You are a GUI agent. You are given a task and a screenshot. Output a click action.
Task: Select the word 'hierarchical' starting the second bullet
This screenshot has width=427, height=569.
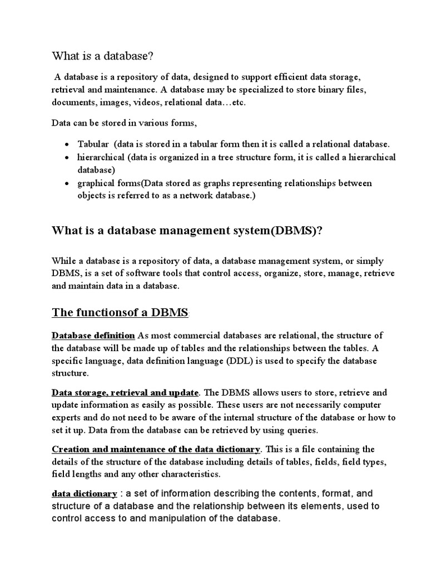tap(101, 157)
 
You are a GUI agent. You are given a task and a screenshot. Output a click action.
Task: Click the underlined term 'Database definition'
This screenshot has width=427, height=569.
tap(93, 335)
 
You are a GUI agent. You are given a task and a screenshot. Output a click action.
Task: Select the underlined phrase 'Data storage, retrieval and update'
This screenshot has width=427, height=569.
tap(125, 392)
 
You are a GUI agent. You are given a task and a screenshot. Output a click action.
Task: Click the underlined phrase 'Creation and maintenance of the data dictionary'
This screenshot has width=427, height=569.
tap(156, 449)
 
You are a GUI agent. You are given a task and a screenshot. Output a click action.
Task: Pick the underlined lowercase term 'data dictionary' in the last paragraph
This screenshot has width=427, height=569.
tap(85, 493)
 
